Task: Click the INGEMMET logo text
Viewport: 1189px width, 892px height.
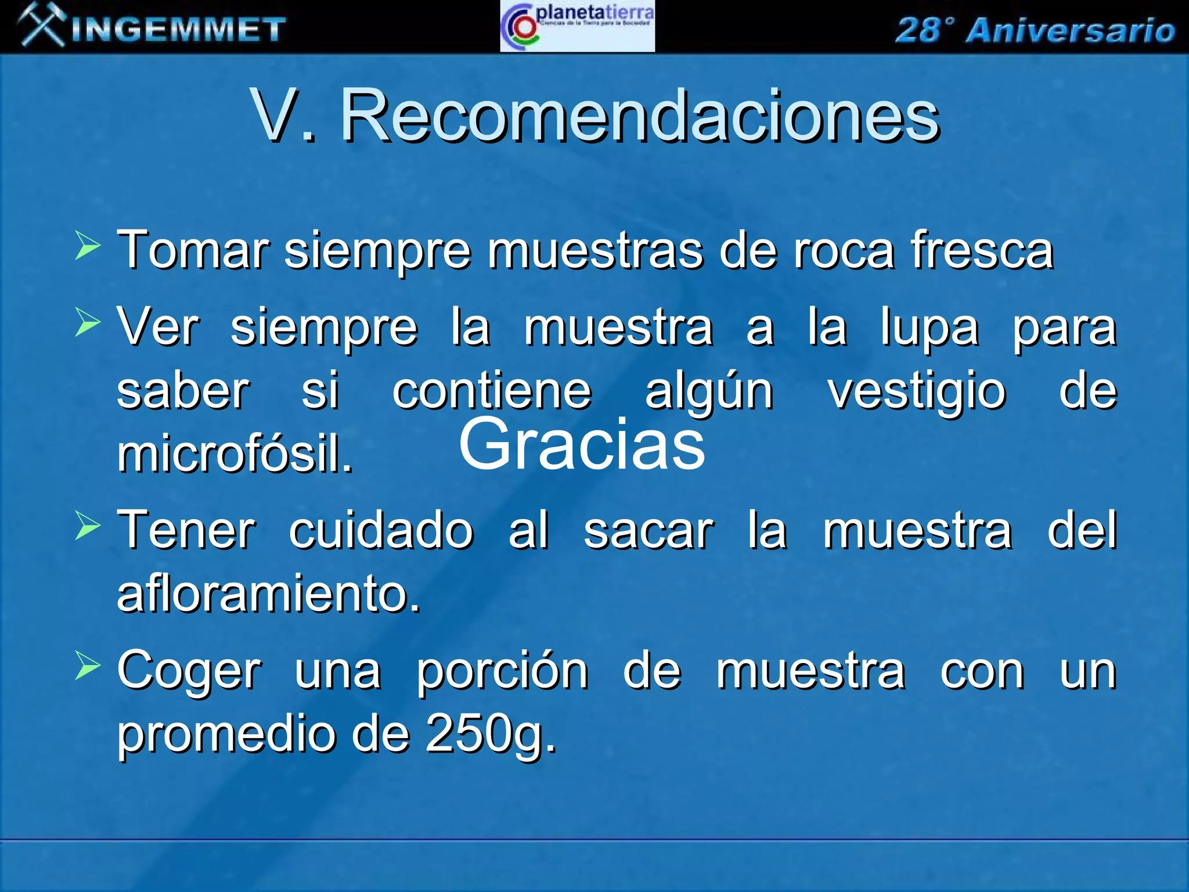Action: click(x=179, y=30)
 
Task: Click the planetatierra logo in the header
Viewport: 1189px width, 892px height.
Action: click(x=577, y=27)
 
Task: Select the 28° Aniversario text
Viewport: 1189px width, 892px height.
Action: click(x=1035, y=30)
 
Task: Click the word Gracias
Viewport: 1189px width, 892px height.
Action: click(x=582, y=445)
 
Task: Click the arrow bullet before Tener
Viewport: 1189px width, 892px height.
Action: click(x=88, y=525)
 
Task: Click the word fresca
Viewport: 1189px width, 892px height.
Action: click(x=982, y=250)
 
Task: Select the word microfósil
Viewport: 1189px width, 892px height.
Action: click(x=235, y=454)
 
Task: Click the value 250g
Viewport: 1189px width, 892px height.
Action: click(x=491, y=734)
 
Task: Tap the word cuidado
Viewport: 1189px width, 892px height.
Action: click(x=381, y=530)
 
